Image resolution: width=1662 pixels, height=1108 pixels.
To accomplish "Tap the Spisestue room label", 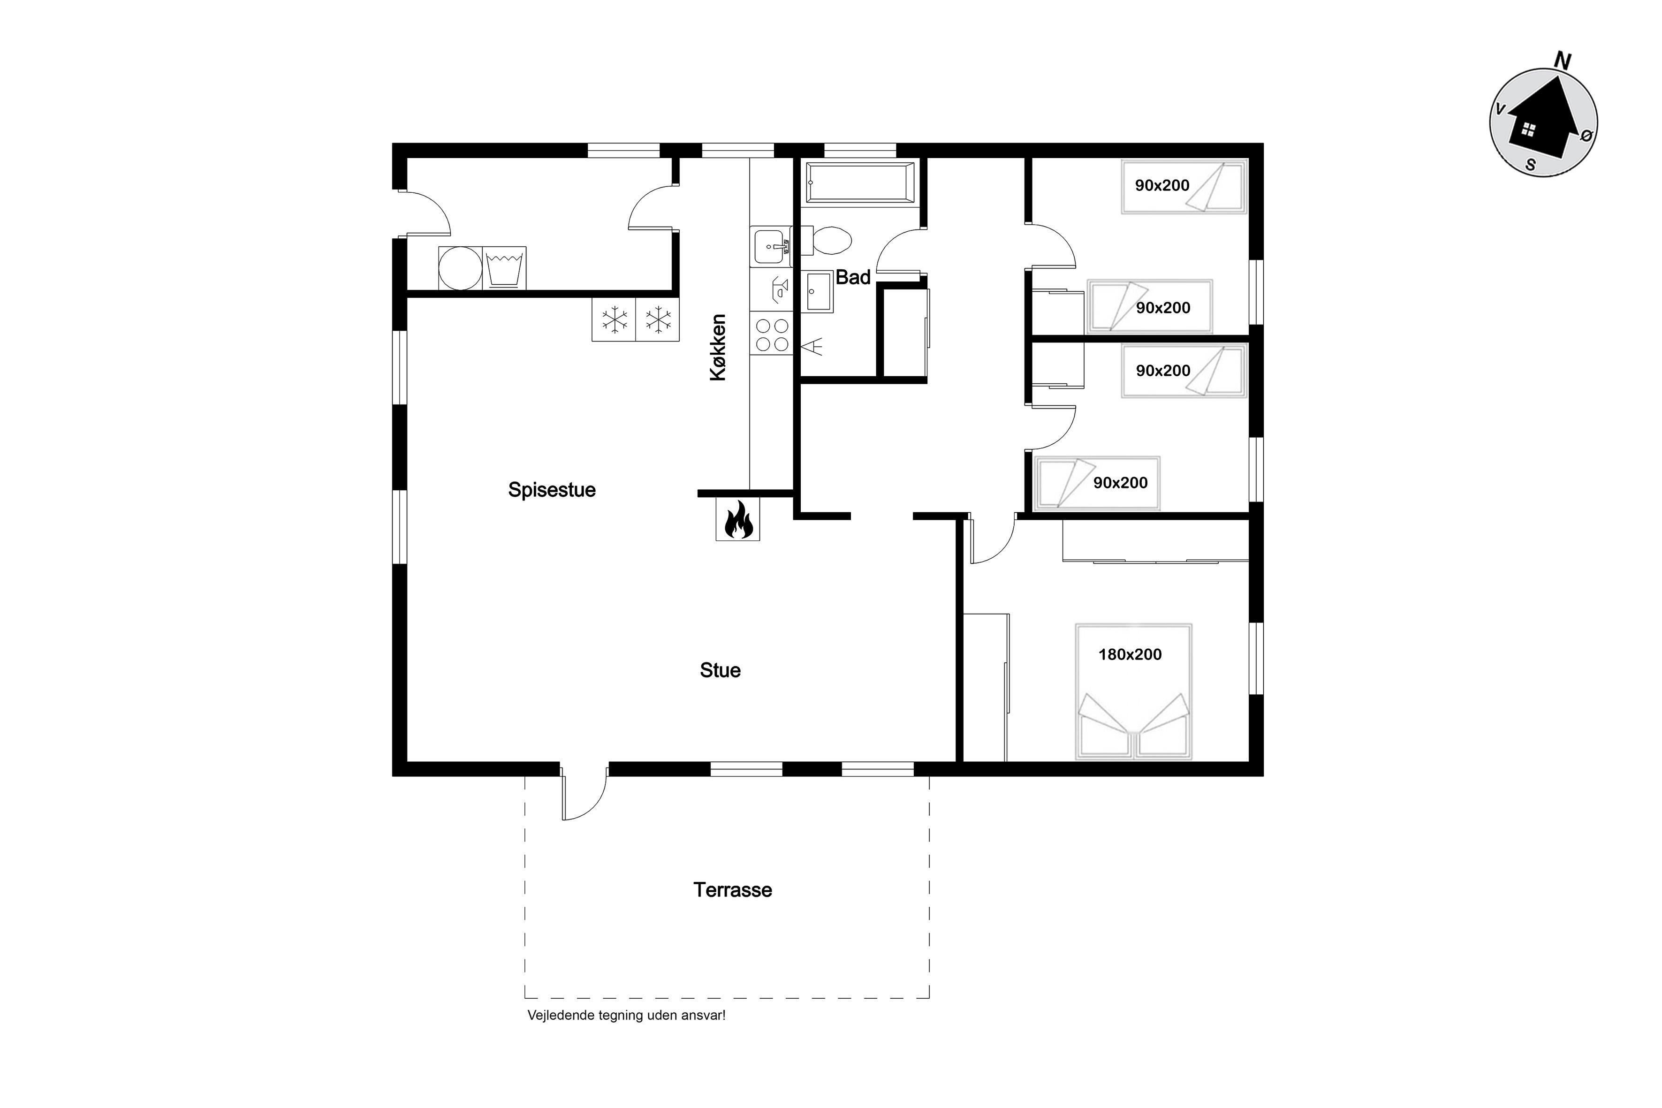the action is [x=552, y=490].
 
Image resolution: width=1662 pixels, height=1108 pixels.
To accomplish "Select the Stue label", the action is [x=720, y=670].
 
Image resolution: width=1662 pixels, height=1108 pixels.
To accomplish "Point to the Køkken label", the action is [x=718, y=348].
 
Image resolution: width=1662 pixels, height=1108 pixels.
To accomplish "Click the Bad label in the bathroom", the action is [x=853, y=277].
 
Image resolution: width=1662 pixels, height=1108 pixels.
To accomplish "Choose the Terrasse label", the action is [x=733, y=890].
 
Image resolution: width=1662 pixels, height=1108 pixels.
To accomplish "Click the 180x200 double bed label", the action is [x=1130, y=654].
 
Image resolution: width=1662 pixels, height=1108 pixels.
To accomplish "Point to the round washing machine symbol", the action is [x=460, y=268].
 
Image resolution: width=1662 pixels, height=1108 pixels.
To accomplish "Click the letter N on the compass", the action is [x=1563, y=61].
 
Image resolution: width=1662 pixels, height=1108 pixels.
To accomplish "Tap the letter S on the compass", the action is [x=1531, y=165].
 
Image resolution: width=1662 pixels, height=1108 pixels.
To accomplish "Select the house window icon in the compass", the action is [x=1528, y=129].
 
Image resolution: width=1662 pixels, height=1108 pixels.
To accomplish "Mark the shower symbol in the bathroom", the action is [x=812, y=346].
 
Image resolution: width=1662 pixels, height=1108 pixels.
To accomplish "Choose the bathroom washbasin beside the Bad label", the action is [x=820, y=291].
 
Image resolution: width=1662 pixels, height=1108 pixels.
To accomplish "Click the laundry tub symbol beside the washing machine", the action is [x=505, y=268].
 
